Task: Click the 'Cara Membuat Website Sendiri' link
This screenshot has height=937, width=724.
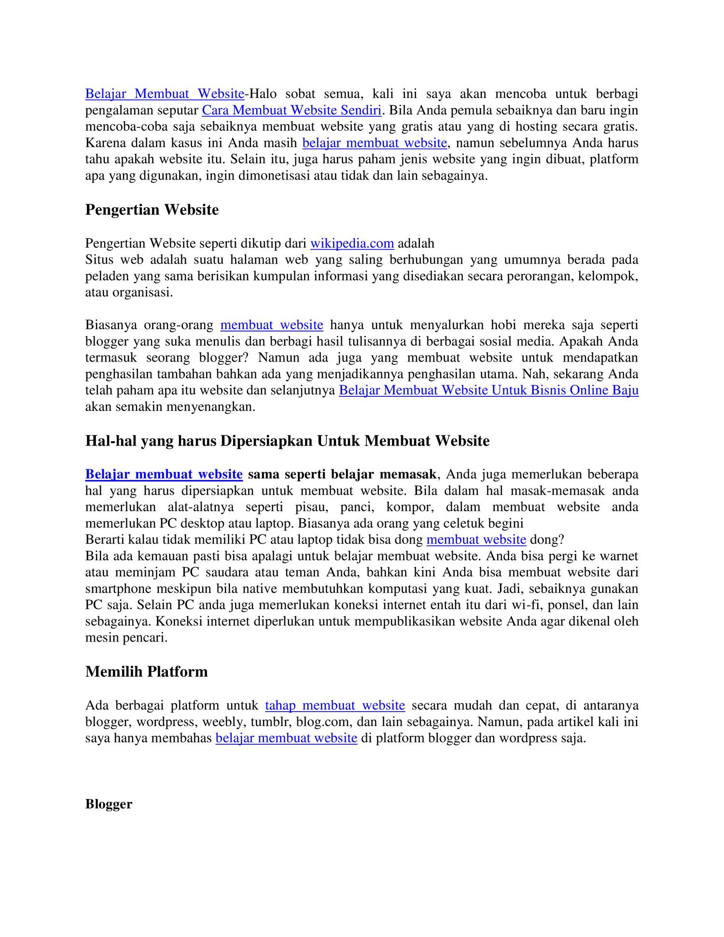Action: click(x=292, y=111)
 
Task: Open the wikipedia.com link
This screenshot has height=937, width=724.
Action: click(x=352, y=243)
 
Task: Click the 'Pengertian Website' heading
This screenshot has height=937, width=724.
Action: click(x=152, y=210)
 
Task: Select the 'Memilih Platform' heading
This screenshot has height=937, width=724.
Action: click(x=147, y=672)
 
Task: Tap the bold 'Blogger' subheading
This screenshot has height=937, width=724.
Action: click(x=109, y=804)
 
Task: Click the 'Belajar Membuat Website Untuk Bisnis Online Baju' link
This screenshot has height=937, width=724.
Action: click(x=488, y=391)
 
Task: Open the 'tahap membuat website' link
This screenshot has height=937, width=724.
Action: click(x=335, y=706)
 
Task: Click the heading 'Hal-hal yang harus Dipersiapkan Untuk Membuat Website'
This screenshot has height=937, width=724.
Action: click(x=287, y=441)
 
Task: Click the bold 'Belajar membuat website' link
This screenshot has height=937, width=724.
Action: click(x=164, y=475)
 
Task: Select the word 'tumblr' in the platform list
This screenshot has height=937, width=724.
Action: click(x=274, y=722)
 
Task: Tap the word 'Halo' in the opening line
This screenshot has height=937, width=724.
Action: click(x=264, y=94)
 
